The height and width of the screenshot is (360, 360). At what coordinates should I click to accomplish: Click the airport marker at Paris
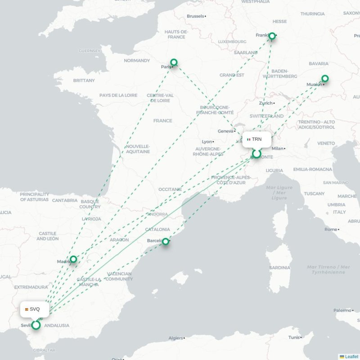(x=174, y=63)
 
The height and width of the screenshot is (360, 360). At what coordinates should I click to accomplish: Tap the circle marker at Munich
(x=325, y=79)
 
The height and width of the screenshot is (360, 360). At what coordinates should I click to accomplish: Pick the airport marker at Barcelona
(x=166, y=242)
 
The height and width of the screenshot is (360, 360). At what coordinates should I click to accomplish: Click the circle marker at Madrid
(x=73, y=259)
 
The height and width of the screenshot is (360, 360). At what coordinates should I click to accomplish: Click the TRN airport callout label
(x=256, y=139)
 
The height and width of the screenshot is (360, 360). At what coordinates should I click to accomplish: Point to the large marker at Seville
(x=36, y=324)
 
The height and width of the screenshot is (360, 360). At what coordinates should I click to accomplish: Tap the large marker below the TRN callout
(x=256, y=154)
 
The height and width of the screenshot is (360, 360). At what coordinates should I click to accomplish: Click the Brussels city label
(x=195, y=16)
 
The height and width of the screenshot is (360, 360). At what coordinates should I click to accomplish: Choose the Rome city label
(x=331, y=229)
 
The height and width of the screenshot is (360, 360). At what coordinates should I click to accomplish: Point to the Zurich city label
(x=265, y=103)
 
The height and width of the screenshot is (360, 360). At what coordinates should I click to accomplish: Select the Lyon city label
(x=207, y=141)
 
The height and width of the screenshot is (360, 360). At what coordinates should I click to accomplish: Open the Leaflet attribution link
(x=351, y=356)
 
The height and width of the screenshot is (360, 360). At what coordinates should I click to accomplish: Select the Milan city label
(x=277, y=148)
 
